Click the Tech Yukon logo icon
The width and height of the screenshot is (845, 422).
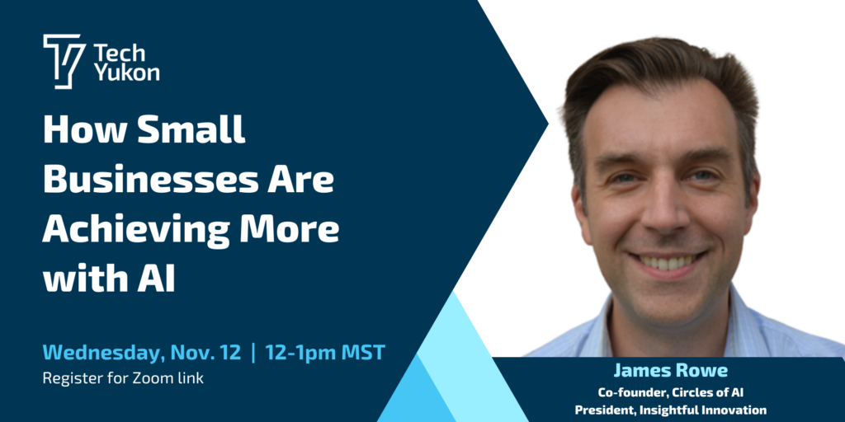pyautogui.click(x=64, y=61)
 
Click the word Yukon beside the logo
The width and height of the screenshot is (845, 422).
pyautogui.click(x=126, y=73)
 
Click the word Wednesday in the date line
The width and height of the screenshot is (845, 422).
pyautogui.click(x=103, y=353)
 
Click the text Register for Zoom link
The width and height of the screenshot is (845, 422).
pyautogui.click(x=124, y=378)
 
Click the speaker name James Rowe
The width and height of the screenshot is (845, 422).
pyautogui.click(x=670, y=371)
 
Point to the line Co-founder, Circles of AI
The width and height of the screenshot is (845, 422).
pyautogui.click(x=670, y=392)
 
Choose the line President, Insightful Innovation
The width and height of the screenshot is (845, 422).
pyautogui.click(x=670, y=410)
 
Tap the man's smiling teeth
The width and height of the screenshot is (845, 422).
pyautogui.click(x=667, y=262)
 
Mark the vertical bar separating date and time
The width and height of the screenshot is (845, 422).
pyautogui.click(x=253, y=354)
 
